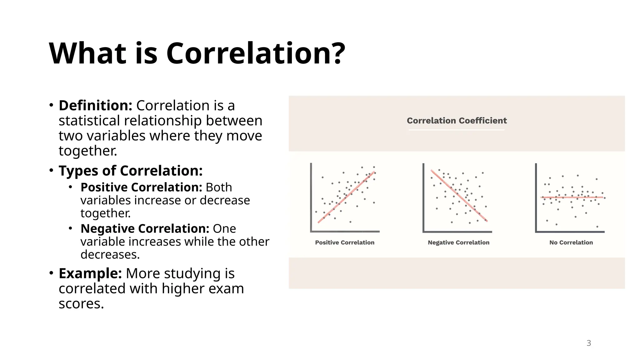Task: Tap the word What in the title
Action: (88, 54)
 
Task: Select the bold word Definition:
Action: (95, 106)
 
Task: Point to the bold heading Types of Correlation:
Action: (131, 171)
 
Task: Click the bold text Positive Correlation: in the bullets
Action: (141, 187)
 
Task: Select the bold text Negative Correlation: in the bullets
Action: (145, 229)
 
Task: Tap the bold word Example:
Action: (90, 273)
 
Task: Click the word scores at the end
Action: (81, 304)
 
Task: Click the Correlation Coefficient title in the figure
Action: (457, 121)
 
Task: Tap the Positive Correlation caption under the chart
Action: (344, 242)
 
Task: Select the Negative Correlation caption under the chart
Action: (458, 242)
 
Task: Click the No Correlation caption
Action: (571, 242)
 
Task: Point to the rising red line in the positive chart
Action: (346, 197)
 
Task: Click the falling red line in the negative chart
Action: (459, 196)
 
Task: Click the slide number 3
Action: (588, 343)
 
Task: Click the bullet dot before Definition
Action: (51, 105)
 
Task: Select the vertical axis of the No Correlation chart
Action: (536, 197)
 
